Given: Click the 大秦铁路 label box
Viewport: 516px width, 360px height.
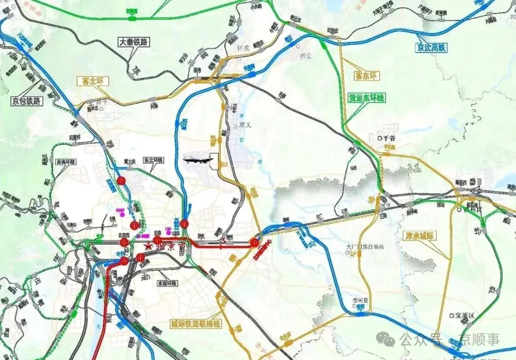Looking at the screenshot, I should coord(133,42).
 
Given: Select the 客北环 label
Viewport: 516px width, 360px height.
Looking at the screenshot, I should coord(92,81).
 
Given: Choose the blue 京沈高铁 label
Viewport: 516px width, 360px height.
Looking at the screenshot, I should coord(431,48).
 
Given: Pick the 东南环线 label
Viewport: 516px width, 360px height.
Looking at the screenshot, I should coord(167,284).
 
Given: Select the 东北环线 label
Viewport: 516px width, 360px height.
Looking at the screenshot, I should coord(153,161).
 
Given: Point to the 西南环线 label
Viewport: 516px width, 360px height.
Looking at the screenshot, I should coord(66,162).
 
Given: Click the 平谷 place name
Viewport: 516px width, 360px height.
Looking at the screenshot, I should coord(388,138).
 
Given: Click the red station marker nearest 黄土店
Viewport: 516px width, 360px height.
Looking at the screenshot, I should coord(122,180).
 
